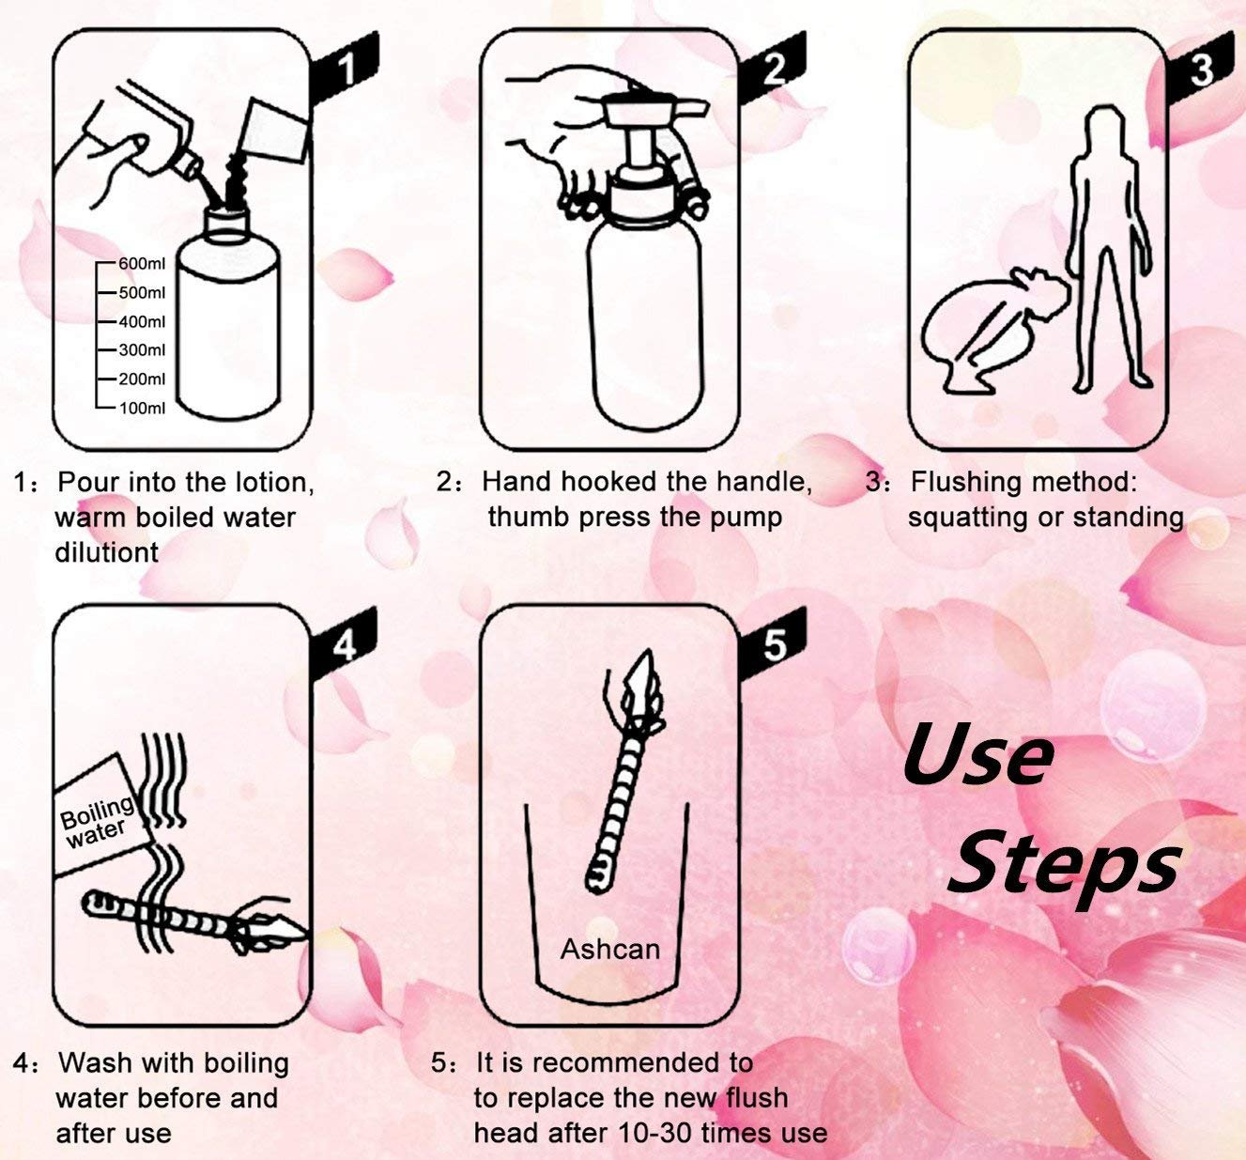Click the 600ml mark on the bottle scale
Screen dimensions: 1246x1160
click(142, 264)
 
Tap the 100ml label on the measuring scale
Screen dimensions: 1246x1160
click(142, 408)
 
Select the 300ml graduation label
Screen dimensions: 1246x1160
click(142, 349)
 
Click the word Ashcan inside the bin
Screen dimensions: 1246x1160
click(609, 949)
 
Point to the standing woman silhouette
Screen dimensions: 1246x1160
click(1111, 250)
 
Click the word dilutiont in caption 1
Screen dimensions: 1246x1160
click(107, 553)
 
